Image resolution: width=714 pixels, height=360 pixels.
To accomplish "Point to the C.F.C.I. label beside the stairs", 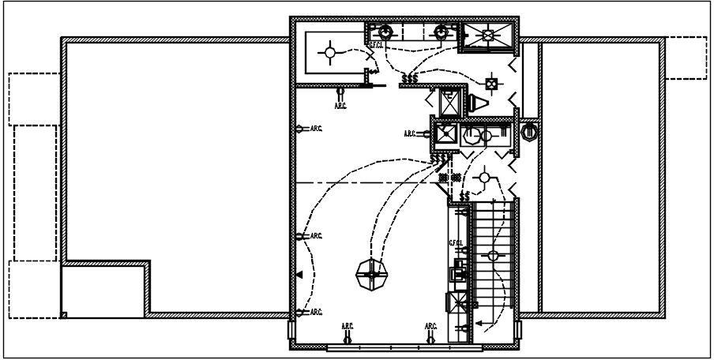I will tap(456, 243).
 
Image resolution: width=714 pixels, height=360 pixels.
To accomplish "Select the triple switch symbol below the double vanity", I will tap(410, 79).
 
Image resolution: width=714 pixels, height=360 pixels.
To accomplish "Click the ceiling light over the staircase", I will tap(493, 255).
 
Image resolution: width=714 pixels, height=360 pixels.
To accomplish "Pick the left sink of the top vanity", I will tap(385, 32).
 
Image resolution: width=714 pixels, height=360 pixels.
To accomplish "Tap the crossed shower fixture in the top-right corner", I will tap(487, 34).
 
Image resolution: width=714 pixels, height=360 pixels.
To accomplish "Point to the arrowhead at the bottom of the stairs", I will tap(478, 322).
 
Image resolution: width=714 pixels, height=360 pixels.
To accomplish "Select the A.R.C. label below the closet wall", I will tap(341, 105).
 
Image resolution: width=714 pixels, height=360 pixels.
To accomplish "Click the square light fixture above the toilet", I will tap(492, 82).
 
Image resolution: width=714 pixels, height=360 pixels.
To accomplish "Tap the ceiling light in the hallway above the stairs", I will tap(482, 174).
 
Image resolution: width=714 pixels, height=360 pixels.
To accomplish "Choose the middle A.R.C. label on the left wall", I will tap(316, 235).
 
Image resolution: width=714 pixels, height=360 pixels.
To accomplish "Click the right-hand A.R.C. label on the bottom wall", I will tap(430, 325).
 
